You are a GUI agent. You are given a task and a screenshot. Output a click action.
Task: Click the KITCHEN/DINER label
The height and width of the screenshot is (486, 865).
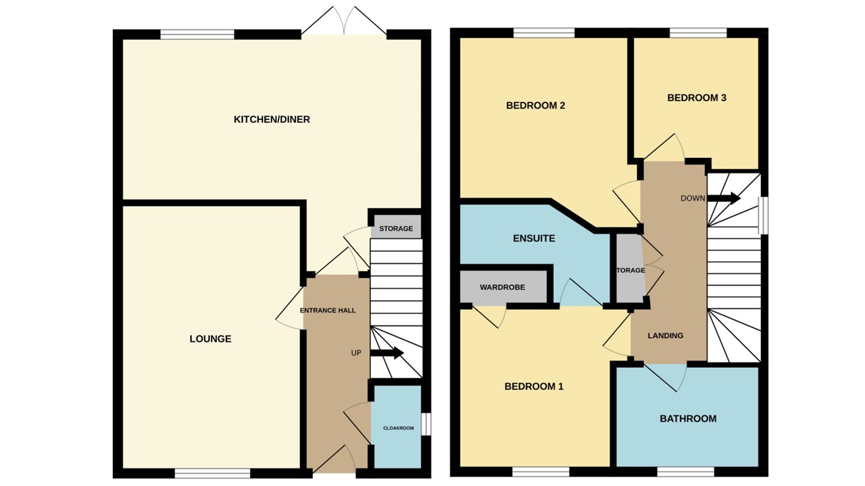(272, 119)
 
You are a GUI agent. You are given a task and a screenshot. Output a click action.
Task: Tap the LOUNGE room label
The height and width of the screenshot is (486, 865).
(210, 339)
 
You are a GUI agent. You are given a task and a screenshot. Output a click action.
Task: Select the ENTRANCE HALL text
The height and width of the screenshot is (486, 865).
(328, 310)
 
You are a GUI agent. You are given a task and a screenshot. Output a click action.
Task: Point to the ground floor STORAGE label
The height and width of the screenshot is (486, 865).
(396, 229)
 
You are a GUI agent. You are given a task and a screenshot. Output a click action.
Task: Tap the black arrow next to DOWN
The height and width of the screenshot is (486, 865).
(724, 198)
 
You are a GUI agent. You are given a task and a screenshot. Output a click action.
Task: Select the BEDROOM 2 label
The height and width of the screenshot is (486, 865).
(535, 105)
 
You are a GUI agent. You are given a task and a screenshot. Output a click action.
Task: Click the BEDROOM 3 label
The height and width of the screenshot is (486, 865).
(697, 98)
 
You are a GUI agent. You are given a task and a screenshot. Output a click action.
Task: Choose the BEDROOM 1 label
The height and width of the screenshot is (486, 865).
(534, 387)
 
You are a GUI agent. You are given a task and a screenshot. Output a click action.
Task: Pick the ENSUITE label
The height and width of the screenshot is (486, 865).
(534, 238)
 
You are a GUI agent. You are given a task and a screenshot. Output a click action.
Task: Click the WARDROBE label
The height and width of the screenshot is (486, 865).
(502, 288)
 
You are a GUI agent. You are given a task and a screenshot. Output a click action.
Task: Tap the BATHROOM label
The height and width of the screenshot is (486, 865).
(688, 418)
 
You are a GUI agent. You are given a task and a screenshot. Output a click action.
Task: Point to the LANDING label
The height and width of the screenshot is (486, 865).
(666, 335)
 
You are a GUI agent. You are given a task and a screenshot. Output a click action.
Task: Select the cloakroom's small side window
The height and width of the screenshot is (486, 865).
(426, 424)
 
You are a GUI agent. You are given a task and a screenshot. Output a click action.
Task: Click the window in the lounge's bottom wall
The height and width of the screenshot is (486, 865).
(213, 474)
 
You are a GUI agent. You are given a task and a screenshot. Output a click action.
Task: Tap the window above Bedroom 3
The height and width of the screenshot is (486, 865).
(698, 32)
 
